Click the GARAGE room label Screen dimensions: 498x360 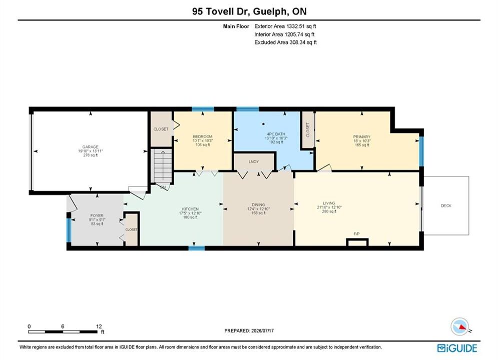[90, 147]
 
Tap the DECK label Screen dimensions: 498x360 [446, 205]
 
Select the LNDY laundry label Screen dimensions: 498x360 [253, 162]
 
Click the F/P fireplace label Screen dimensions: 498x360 [356, 234]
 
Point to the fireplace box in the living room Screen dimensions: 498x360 [357, 242]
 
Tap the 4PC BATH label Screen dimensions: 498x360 [276, 134]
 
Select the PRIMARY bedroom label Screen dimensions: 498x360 [362, 136]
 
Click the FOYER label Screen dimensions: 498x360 [97, 215]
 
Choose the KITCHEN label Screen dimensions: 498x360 [190, 209]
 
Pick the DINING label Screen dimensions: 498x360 [258, 205]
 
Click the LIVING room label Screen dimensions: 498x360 [329, 203]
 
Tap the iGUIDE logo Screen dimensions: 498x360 [457, 348]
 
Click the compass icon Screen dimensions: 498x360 [459, 326]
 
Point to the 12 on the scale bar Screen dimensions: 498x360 [99, 326]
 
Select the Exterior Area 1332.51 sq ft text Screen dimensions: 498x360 [285, 26]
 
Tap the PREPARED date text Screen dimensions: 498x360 [249, 330]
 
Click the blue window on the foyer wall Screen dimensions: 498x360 [69, 230]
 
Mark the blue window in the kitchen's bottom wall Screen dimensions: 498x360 [197, 248]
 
